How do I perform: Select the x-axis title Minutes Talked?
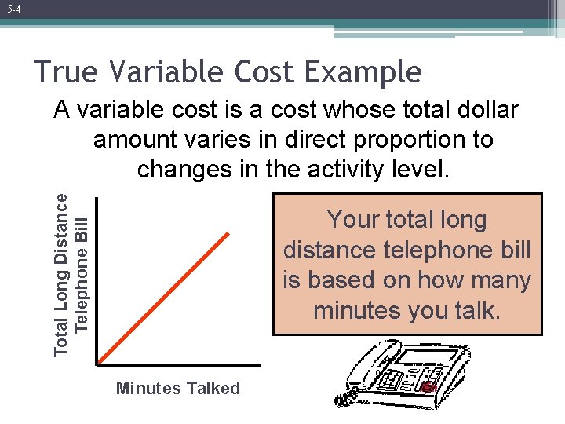(178, 388)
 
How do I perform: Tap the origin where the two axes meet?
(97, 363)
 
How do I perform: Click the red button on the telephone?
(428, 388)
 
